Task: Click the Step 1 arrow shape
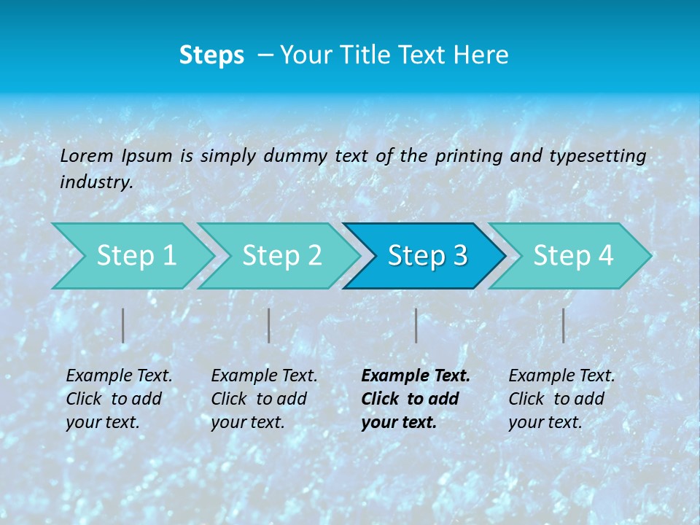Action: click(x=135, y=256)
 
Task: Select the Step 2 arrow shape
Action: click(x=281, y=256)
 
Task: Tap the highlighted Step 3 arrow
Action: click(x=427, y=256)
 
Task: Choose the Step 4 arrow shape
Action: click(x=572, y=256)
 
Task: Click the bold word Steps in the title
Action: click(x=211, y=55)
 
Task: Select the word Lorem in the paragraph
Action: click(x=87, y=155)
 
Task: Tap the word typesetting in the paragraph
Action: click(x=597, y=155)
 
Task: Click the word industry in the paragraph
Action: click(x=96, y=182)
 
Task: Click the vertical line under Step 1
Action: click(x=123, y=325)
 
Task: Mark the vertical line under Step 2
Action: click(x=269, y=325)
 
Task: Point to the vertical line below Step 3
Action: click(x=416, y=325)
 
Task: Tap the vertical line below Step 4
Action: click(x=563, y=325)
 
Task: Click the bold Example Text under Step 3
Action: click(x=416, y=376)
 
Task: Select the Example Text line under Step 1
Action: click(x=119, y=376)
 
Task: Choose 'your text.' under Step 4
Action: click(x=545, y=422)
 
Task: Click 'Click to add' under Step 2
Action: click(x=259, y=399)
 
